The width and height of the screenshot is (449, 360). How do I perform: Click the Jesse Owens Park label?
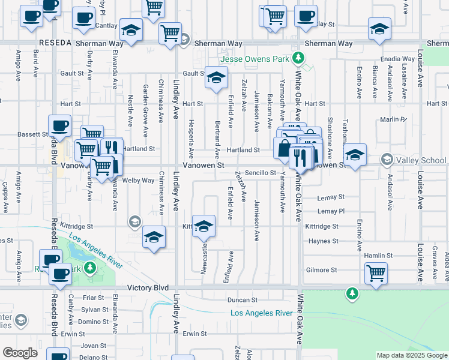click(x=255, y=59)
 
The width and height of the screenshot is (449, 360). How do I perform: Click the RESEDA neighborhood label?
click(x=55, y=44)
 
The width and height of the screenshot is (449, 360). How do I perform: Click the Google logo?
click(x=20, y=353)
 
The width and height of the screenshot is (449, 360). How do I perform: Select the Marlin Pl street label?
click(x=393, y=119)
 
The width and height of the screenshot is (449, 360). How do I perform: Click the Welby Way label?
click(x=139, y=180)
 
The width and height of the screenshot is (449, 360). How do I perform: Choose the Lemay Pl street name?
click(x=331, y=211)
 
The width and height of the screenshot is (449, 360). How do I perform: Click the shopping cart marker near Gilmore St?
click(x=376, y=273)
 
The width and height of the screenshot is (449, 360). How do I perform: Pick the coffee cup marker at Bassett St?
click(x=59, y=127)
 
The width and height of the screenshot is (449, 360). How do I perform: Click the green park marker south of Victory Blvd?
click(x=352, y=293)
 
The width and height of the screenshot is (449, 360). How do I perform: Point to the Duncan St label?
click(x=242, y=299)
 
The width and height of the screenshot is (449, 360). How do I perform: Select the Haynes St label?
click(x=324, y=241)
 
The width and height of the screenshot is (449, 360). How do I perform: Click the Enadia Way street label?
click(x=400, y=59)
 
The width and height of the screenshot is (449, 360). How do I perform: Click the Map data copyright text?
click(x=412, y=355)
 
